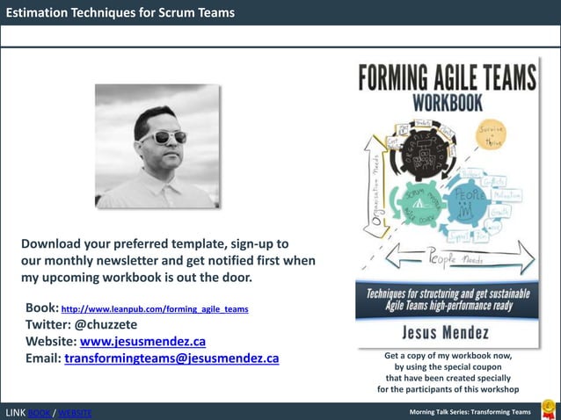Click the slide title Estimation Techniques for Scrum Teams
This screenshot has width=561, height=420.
pos(120,12)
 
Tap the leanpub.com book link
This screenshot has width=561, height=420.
pos(155,309)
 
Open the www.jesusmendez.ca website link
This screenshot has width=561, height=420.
pos(142,342)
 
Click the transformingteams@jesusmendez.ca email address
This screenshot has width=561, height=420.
pos(171,358)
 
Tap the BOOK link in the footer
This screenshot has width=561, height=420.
pos(40,413)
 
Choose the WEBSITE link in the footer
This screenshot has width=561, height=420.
pos(75,413)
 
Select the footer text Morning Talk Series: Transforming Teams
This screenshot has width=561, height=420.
pos(470,412)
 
